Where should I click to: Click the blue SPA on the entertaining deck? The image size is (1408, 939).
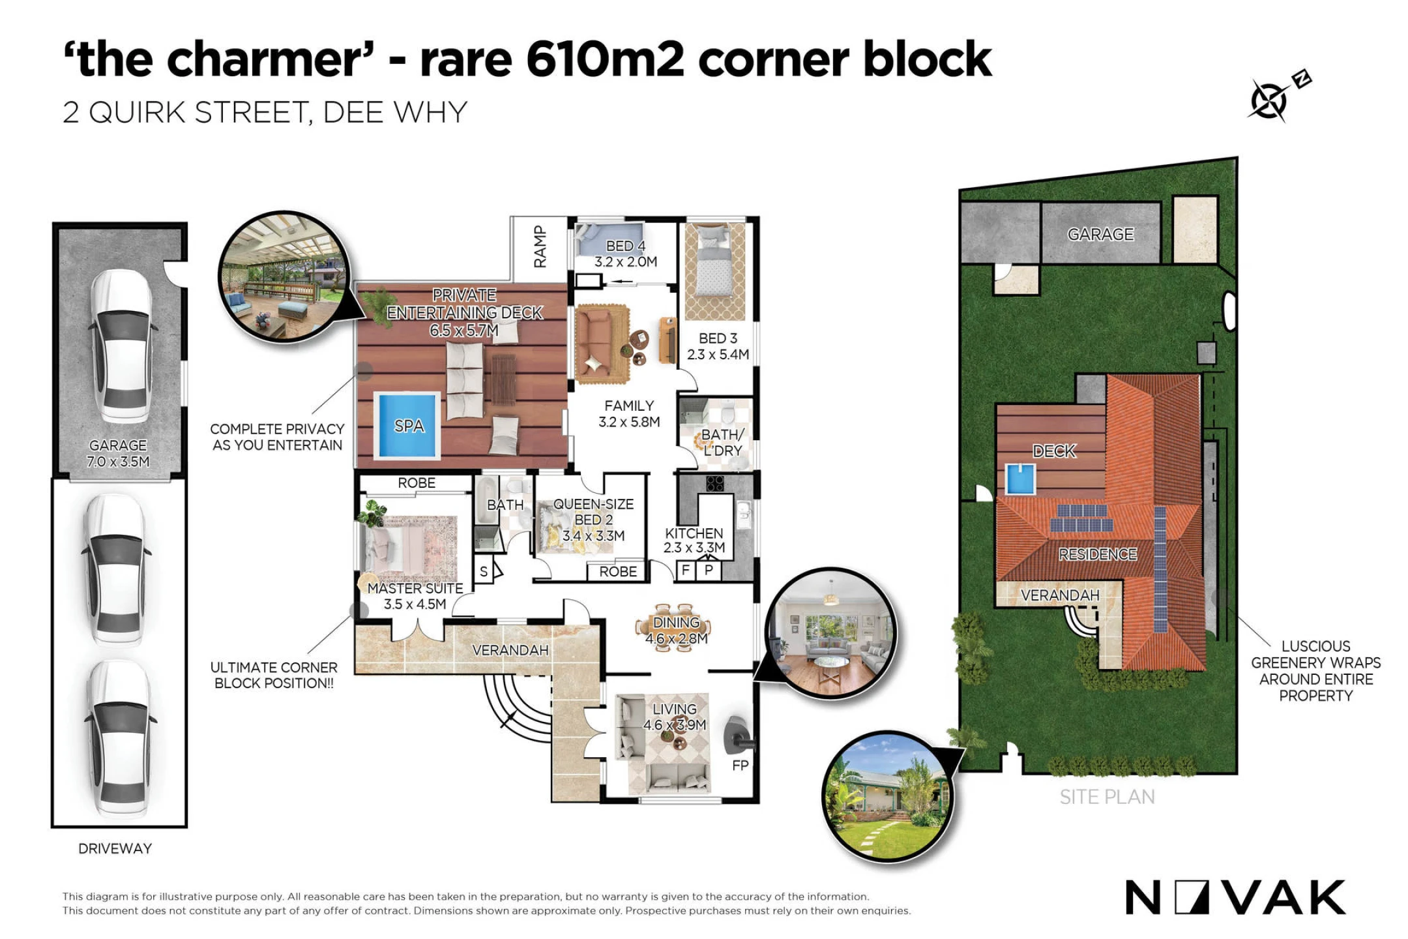pyautogui.click(x=407, y=426)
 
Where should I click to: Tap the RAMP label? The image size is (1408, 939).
pyautogui.click(x=540, y=247)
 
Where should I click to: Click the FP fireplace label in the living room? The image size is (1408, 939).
pyautogui.click(x=740, y=766)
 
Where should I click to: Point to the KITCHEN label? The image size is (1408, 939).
pyautogui.click(x=694, y=533)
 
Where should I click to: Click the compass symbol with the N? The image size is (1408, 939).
pyautogui.click(x=1278, y=97)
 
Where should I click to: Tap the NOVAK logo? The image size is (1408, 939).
pyautogui.click(x=1235, y=898)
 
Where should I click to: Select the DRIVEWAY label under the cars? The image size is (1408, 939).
pyautogui.click(x=115, y=848)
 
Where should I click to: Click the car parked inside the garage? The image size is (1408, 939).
pyautogui.click(x=123, y=346)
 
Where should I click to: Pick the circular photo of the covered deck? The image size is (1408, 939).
pyautogui.click(x=284, y=277)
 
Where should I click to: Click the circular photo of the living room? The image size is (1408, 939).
pyautogui.click(x=830, y=633)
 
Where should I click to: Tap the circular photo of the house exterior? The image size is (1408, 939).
pyautogui.click(x=888, y=796)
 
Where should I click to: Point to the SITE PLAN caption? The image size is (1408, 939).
pyautogui.click(x=1107, y=797)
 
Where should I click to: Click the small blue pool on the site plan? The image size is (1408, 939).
pyautogui.click(x=1020, y=479)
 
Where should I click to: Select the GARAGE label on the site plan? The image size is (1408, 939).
pyautogui.click(x=1100, y=234)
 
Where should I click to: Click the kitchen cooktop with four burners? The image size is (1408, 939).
pyautogui.click(x=715, y=483)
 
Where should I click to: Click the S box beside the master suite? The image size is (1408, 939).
pyautogui.click(x=484, y=572)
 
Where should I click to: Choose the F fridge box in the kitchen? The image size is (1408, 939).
pyautogui.click(x=685, y=570)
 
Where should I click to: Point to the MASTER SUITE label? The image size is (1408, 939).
pyautogui.click(x=415, y=588)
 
